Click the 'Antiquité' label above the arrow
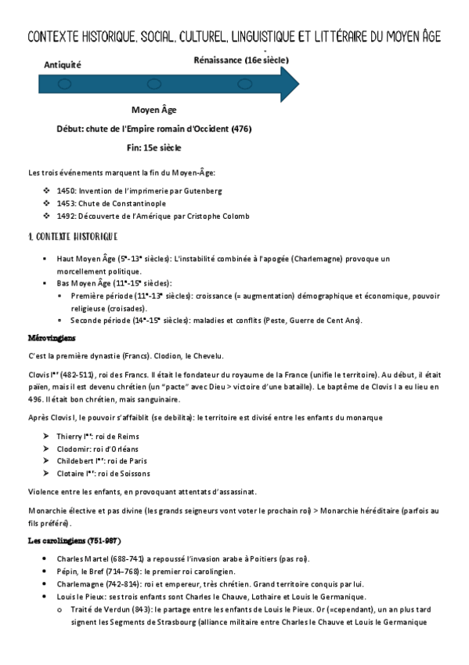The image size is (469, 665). coord(63,64)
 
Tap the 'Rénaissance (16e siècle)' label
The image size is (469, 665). coord(240,60)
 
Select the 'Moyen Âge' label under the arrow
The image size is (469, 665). coord(153,110)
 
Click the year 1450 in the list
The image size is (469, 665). coord(66,191)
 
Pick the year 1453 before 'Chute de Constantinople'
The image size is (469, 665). coord(66,203)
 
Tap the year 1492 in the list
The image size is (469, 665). coord(66,216)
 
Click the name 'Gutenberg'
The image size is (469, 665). coord(203,191)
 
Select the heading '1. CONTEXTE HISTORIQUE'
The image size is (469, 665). coord(72,236)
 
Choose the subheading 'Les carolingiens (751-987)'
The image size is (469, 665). coord(74,541)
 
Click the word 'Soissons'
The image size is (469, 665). coord(132,474)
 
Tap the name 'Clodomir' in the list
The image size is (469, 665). coord(73,448)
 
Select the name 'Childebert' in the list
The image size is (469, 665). coord(74,461)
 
